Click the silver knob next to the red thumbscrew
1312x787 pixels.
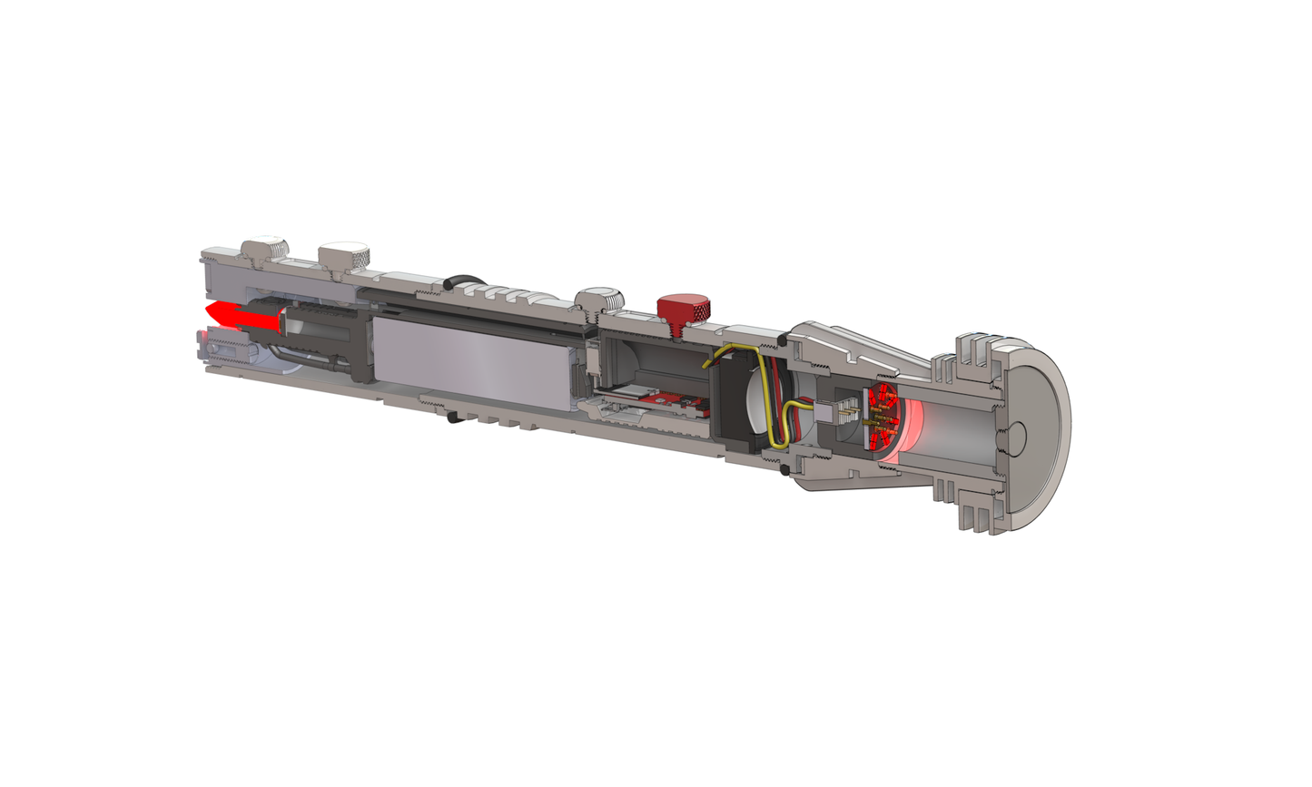[602, 300]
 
